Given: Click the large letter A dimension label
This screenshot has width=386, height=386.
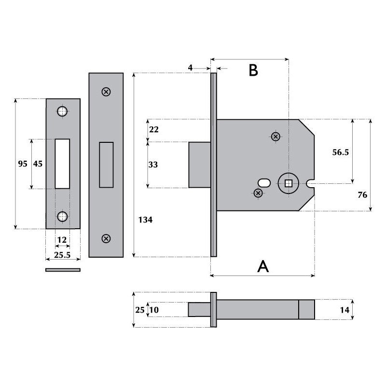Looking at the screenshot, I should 263,266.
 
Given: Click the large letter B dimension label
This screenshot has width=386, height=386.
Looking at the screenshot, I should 253,70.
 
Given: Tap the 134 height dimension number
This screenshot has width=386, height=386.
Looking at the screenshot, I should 145,220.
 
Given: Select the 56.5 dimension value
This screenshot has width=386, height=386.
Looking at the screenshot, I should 341,152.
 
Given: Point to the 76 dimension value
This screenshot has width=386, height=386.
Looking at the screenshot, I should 362,195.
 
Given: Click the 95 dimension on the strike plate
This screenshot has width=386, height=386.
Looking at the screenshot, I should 23,164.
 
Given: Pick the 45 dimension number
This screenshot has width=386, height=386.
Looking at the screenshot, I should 38,164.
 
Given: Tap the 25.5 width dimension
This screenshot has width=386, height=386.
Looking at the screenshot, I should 61,255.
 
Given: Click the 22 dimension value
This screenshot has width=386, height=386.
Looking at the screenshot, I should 153,130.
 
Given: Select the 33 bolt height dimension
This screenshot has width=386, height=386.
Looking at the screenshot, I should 153,165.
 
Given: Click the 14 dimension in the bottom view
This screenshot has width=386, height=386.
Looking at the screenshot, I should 344,310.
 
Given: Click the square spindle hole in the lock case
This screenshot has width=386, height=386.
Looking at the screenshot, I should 289,183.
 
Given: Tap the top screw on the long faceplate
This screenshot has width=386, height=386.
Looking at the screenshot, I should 106,92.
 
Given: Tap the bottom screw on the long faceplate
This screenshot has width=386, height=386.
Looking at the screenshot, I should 106,238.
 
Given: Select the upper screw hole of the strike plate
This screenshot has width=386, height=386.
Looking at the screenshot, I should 62,111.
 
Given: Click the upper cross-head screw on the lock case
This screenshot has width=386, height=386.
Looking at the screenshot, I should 276,137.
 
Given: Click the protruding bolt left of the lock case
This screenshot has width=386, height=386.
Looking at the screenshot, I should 199,165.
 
